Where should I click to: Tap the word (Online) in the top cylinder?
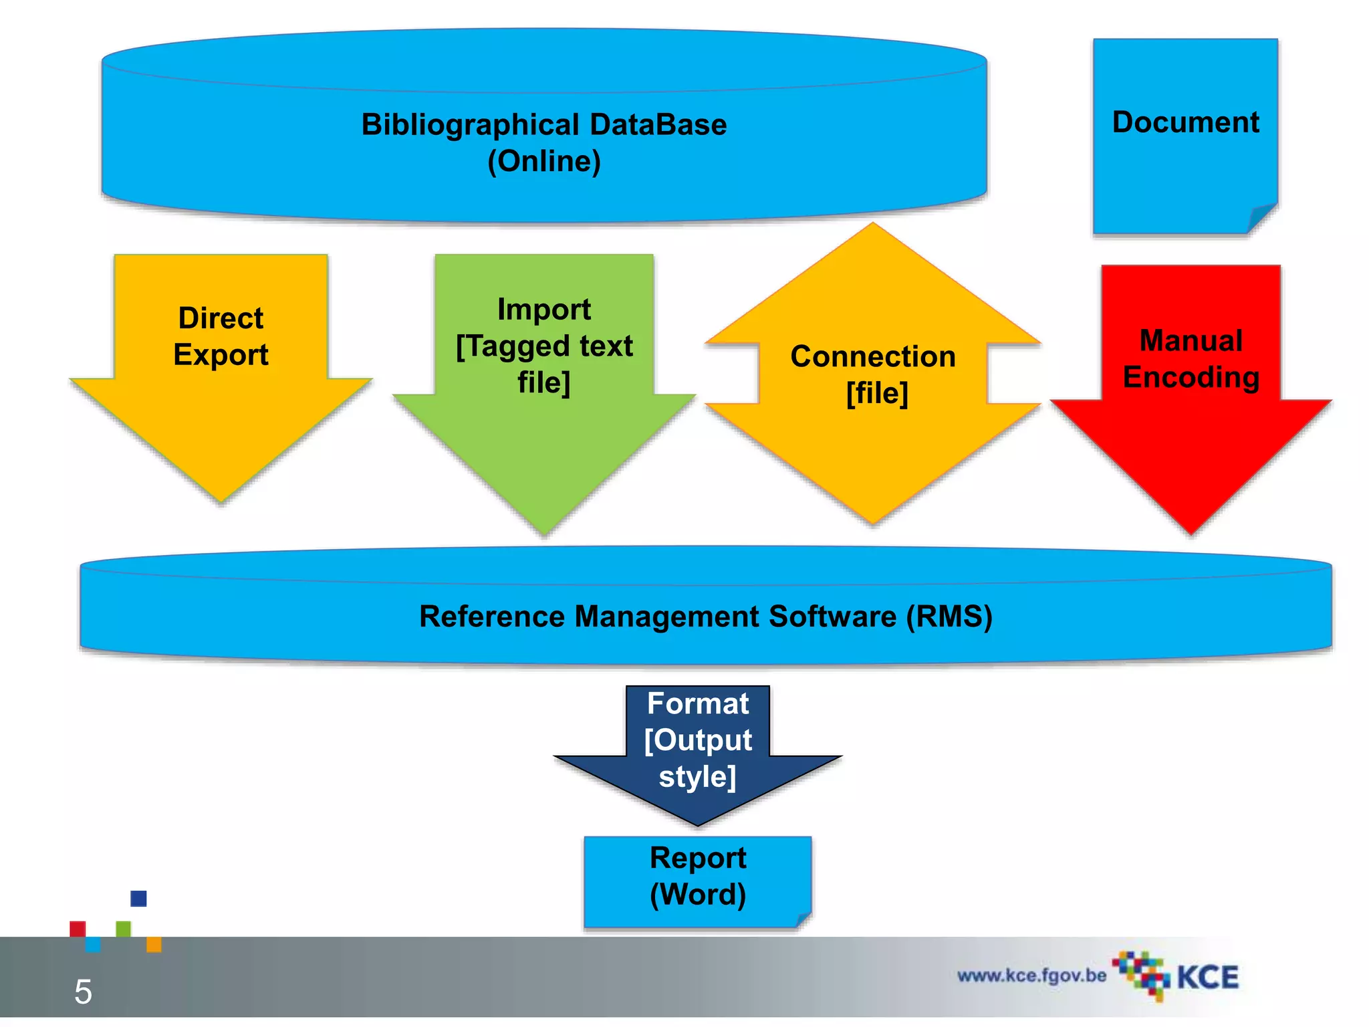(543, 161)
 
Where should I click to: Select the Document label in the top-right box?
(1185, 122)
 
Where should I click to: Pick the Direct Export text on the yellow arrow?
(221, 336)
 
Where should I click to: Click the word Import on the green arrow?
(543, 310)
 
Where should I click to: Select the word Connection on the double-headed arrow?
(872, 356)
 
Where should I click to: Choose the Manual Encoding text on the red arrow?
(1191, 358)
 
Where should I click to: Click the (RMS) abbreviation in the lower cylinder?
(949, 616)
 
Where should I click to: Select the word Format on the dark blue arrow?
(697, 704)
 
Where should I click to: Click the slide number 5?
(83, 992)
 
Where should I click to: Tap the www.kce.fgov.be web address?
(1031, 976)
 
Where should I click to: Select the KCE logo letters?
(1207, 978)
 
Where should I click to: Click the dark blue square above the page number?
(138, 898)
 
